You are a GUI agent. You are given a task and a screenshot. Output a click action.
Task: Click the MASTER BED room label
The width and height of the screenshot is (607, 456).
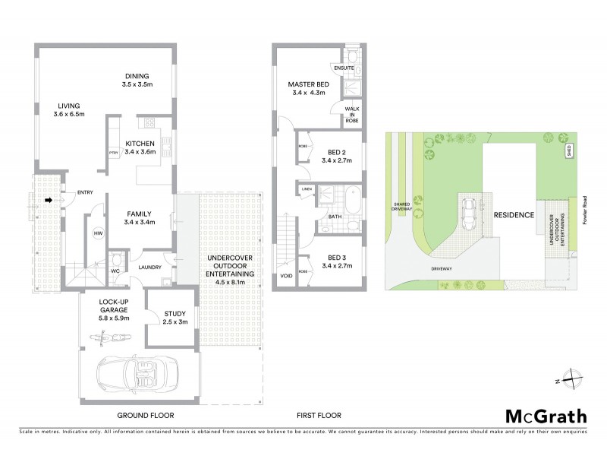[308, 84]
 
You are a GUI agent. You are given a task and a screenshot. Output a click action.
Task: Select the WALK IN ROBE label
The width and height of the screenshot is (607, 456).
[351, 114]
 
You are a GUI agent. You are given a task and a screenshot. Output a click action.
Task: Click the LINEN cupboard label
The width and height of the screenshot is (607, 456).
[307, 189]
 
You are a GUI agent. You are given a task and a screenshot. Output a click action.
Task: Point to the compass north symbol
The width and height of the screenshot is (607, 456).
[575, 379]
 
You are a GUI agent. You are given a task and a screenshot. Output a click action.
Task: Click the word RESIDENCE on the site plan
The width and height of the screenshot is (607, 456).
[514, 215]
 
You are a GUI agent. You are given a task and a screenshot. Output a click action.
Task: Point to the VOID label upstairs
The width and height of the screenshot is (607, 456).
[285, 275]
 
